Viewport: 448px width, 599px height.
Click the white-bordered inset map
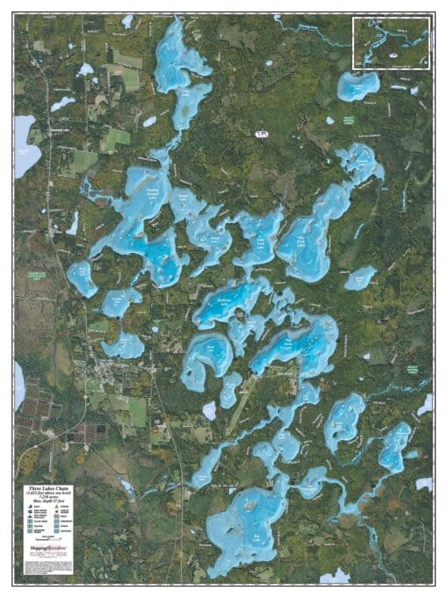click(x=391, y=42)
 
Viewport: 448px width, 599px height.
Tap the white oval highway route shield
click(x=260, y=134)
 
